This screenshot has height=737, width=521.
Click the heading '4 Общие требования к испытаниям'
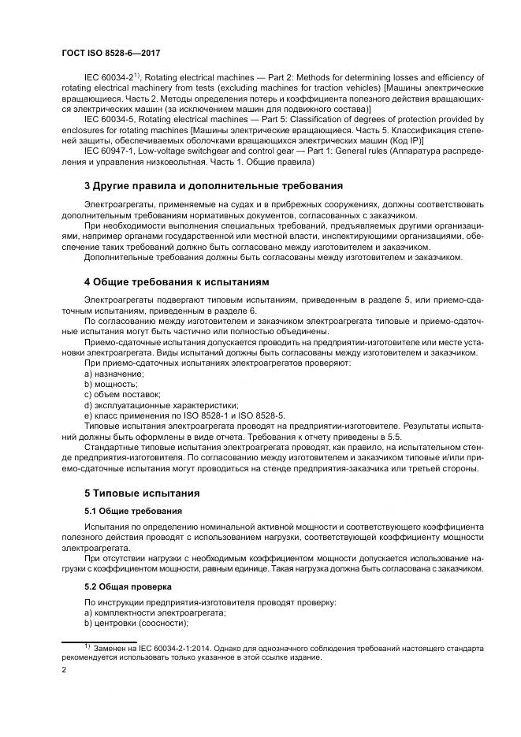(x=177, y=281)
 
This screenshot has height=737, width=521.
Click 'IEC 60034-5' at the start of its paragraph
(x=107, y=117)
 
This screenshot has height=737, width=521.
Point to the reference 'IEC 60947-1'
(x=107, y=149)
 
